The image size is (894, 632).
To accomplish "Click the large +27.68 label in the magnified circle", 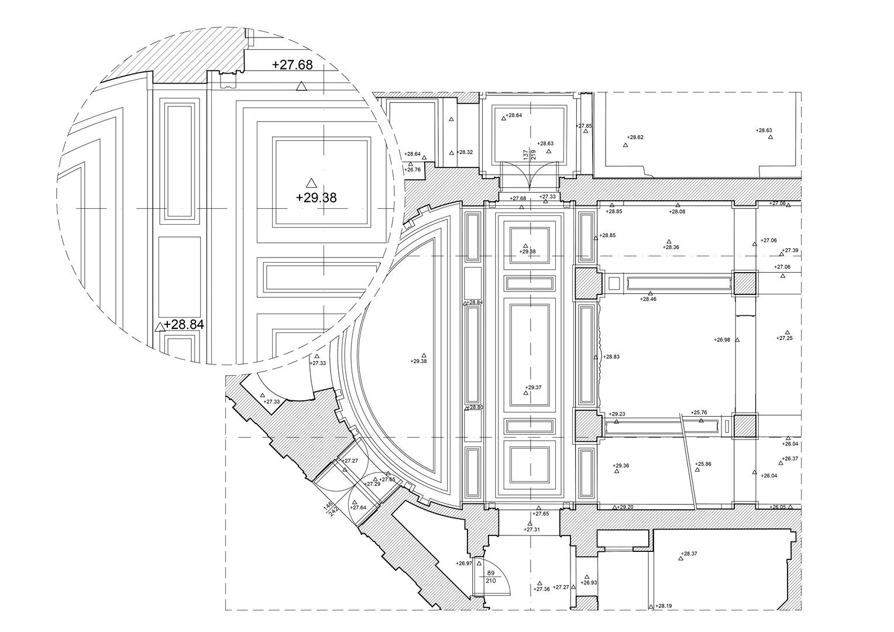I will (x=292, y=64).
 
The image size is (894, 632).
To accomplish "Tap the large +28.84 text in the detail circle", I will (x=184, y=324).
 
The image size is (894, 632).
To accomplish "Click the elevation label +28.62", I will (x=635, y=138).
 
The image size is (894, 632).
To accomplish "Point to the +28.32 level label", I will (x=465, y=152).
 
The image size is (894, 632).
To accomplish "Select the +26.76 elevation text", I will (x=412, y=170).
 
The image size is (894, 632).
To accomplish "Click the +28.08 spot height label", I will (x=677, y=211).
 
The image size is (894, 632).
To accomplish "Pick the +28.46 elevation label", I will (x=648, y=299).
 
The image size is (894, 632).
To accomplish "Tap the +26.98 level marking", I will (x=722, y=339).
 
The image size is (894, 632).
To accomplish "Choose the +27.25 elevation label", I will (x=784, y=338).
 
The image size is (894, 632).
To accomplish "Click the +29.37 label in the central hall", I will (x=533, y=387).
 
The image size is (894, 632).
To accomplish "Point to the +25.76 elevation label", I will (x=699, y=413).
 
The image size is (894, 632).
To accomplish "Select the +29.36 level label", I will (x=621, y=466).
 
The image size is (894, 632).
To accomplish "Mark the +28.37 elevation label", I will (x=689, y=553).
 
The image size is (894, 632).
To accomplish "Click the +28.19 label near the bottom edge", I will (x=663, y=606).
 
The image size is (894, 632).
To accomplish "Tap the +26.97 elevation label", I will (x=464, y=564).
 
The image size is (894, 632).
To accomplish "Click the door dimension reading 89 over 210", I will (x=491, y=577).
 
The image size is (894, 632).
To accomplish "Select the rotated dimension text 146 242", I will (x=331, y=508).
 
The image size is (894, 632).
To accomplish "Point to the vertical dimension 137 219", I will (x=529, y=154).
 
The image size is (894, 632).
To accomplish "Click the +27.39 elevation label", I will (x=790, y=250).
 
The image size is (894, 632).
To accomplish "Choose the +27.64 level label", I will (x=358, y=507).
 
